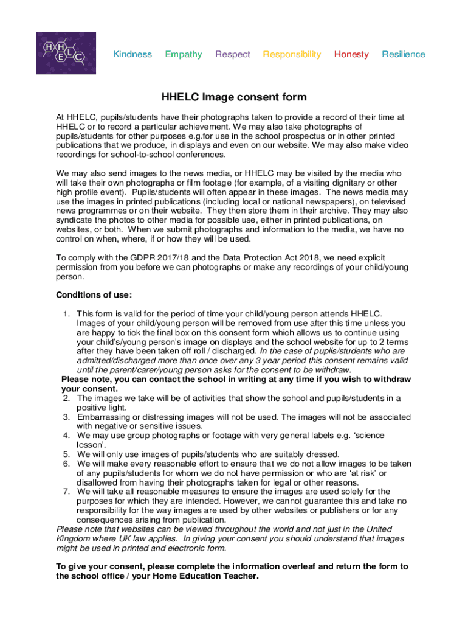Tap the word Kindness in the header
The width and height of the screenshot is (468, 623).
(132, 54)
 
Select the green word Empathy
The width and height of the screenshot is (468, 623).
(184, 54)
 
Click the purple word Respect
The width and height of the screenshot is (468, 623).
(232, 54)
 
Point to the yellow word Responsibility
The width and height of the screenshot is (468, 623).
(292, 54)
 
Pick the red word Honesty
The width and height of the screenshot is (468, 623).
(351, 54)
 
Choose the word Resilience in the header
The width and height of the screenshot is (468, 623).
(404, 54)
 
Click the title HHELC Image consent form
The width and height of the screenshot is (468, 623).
(234, 97)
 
